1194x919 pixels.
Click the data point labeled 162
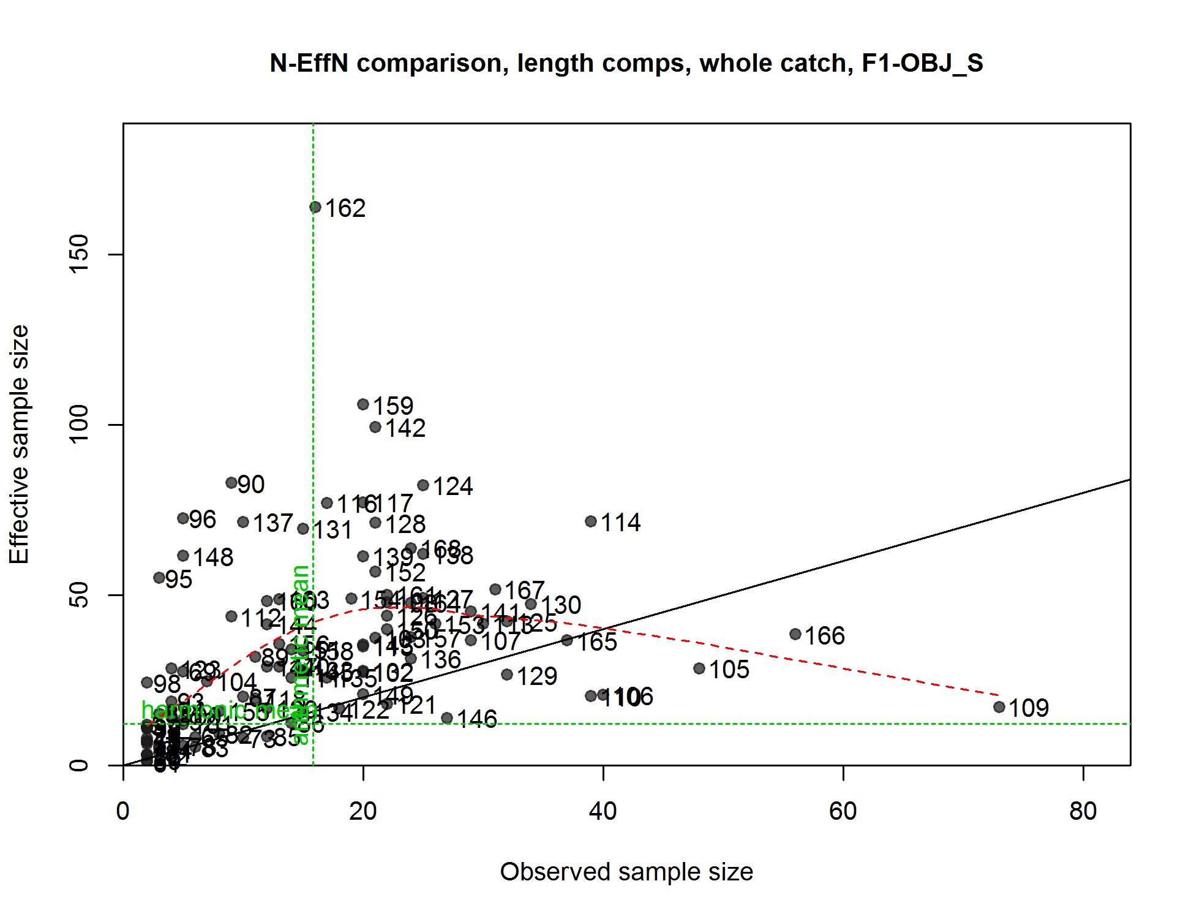(315, 207)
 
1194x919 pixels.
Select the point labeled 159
(363, 404)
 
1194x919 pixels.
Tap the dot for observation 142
(375, 427)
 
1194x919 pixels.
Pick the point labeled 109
(999, 707)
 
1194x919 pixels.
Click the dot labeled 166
(795, 634)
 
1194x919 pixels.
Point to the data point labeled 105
(699, 668)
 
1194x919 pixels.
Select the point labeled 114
(591, 521)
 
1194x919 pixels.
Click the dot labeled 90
(231, 483)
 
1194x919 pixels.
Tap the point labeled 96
(183, 518)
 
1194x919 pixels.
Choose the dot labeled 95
(159, 578)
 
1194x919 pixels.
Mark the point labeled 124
(423, 485)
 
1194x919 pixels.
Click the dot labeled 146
(447, 718)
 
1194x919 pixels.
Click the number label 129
(537, 676)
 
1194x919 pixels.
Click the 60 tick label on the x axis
(843, 811)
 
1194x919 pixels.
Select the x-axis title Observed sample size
(626, 872)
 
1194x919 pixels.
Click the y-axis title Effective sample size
(20, 444)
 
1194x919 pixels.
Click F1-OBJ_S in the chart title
(922, 63)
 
